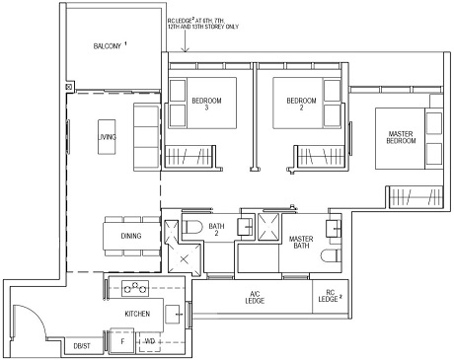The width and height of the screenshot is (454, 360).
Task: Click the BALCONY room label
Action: (110, 46)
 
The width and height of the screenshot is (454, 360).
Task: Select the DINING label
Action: (131, 236)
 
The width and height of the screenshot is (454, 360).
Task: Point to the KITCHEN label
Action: (137, 313)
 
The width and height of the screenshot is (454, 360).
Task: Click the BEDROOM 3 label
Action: (206, 104)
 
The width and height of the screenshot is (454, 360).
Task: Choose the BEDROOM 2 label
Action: (300, 104)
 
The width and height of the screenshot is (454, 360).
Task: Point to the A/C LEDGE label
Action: (255, 300)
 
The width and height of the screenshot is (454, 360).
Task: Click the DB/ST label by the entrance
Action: (83, 345)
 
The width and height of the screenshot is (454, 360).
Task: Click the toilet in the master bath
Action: (333, 258)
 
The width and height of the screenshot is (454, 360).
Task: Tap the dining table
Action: (131, 237)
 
